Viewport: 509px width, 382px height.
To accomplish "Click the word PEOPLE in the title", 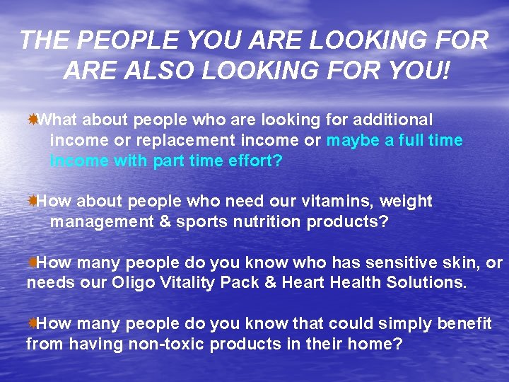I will (x=114, y=40).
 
